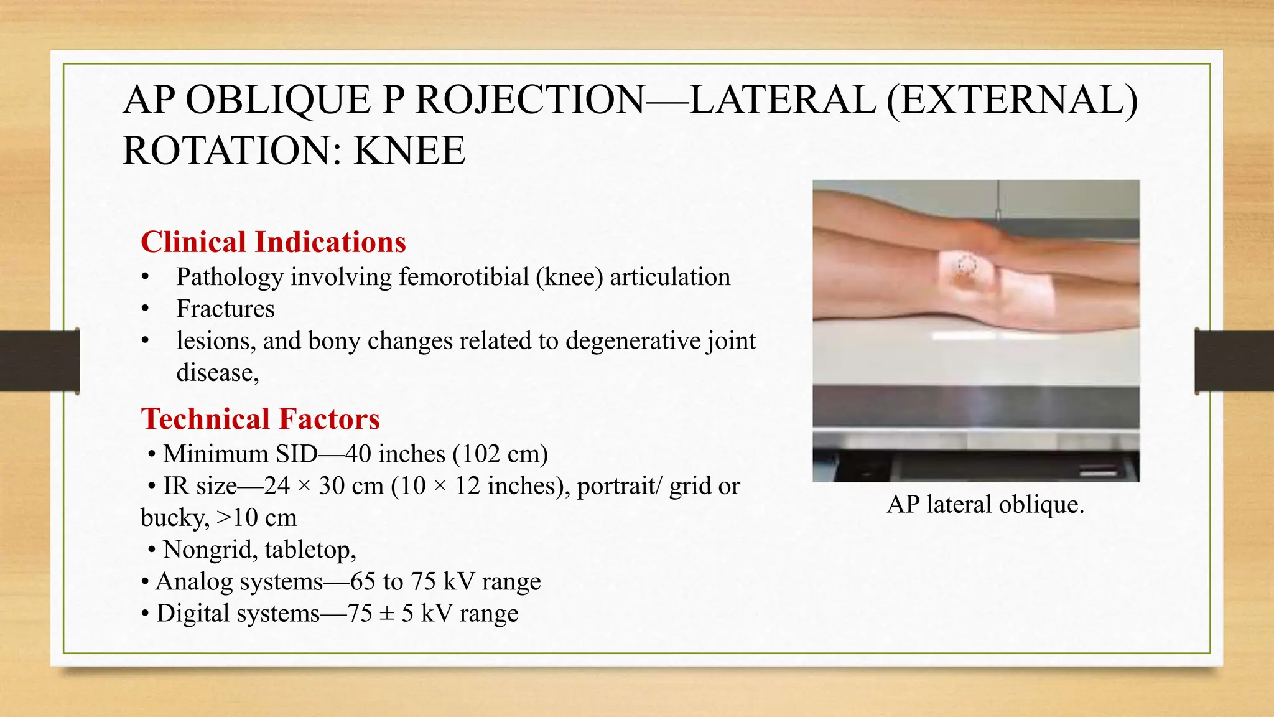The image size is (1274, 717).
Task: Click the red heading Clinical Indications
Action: pos(273,242)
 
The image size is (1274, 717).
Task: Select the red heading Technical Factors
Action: pos(260,419)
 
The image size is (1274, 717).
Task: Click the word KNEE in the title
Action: pos(409,151)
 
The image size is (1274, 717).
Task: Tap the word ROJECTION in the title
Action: pos(529,100)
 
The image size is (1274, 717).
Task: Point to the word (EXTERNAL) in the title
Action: pos(1012,100)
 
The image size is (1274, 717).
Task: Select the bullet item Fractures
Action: pos(225,309)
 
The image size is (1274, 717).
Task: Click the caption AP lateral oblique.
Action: pos(985,504)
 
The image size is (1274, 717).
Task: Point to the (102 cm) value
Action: pos(500,454)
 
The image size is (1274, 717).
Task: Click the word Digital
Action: pos(193,613)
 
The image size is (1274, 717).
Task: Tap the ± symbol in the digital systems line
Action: pos(386,613)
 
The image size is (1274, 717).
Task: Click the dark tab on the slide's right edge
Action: pos(1234,361)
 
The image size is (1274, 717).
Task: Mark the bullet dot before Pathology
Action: pos(145,278)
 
